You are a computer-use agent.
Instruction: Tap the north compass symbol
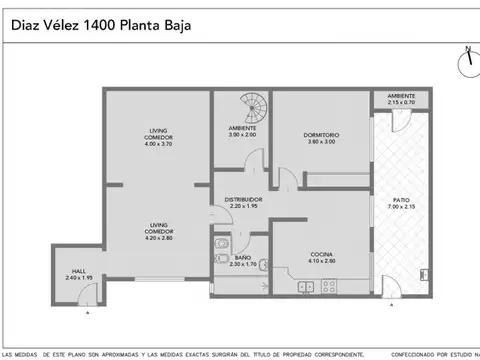tap(466, 61)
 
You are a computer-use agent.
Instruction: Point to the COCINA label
tap(321, 254)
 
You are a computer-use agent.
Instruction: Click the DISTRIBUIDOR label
tap(242, 199)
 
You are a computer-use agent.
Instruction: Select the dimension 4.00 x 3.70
tap(159, 144)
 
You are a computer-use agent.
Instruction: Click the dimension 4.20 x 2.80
tap(159, 239)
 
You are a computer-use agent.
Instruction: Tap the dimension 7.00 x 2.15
tap(399, 209)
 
